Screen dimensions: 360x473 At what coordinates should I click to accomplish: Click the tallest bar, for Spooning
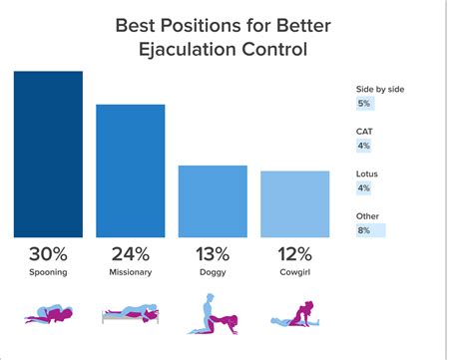48,154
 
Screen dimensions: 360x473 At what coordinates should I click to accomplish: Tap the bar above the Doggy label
213,200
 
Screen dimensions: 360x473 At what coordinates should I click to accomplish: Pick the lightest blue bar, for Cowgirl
294,203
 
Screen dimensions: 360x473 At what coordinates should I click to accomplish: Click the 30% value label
48,253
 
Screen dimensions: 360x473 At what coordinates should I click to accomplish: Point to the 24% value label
130,253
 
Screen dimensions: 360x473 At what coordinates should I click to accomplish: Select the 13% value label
213,253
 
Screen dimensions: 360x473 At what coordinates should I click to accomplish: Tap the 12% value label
294,253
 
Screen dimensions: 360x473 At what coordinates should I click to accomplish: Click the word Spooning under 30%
48,271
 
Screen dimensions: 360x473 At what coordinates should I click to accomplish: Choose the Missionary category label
130,271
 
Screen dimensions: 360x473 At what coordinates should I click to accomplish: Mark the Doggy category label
213,271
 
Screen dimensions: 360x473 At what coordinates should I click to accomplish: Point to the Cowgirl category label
294,271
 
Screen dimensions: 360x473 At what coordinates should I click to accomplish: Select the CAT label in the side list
365,131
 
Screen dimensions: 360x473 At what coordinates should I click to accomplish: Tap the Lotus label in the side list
367,173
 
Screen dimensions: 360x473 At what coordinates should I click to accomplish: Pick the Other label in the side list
367,215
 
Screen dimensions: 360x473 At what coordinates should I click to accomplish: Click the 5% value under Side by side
363,103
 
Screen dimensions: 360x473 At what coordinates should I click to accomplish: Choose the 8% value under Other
363,230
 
